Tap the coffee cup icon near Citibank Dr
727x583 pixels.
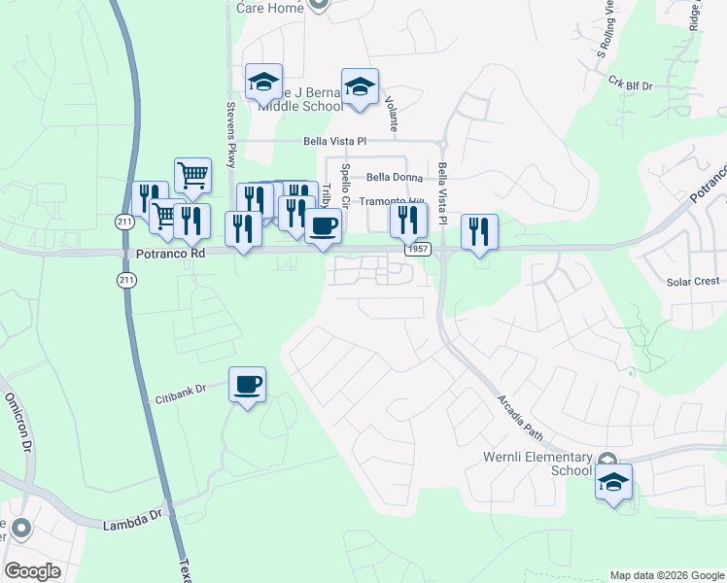247,384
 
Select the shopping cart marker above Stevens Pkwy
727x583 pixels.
193,176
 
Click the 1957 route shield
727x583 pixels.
419,250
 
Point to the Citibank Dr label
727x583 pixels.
182,394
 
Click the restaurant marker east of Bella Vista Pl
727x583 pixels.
479,231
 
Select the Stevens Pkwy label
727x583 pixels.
231,135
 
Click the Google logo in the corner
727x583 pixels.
32,571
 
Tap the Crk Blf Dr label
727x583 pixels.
631,86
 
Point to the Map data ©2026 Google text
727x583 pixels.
666,575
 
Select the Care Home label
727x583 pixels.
271,9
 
